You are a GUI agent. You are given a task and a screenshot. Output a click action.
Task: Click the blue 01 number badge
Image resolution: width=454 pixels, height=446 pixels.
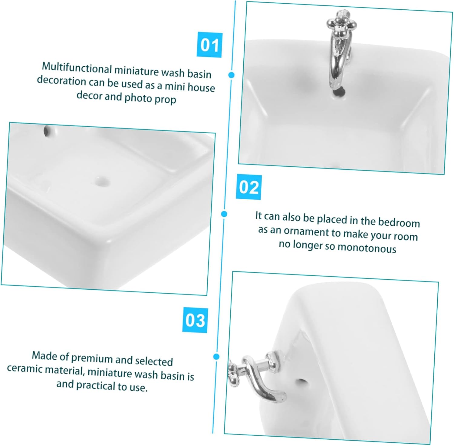tap(209, 45)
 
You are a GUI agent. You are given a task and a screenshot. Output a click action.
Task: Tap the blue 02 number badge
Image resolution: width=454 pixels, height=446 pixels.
tap(249, 187)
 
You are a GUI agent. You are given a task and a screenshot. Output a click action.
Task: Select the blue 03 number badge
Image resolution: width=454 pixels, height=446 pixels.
tap(195, 320)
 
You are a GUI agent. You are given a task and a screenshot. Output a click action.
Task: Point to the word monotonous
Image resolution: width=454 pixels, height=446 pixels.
tap(367, 248)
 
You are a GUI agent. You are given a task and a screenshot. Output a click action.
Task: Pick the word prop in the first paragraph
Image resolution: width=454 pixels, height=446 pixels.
tap(165, 99)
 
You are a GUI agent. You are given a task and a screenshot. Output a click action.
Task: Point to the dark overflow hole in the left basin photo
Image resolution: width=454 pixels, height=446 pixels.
tap(46, 131)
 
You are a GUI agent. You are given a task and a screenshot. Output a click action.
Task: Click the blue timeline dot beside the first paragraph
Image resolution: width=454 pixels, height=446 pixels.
tap(232, 75)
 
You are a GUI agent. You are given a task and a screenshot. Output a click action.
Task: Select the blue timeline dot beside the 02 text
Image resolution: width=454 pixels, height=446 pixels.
tap(224, 214)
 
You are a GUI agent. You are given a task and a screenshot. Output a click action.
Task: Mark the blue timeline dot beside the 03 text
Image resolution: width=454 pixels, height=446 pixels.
tap(216, 356)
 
